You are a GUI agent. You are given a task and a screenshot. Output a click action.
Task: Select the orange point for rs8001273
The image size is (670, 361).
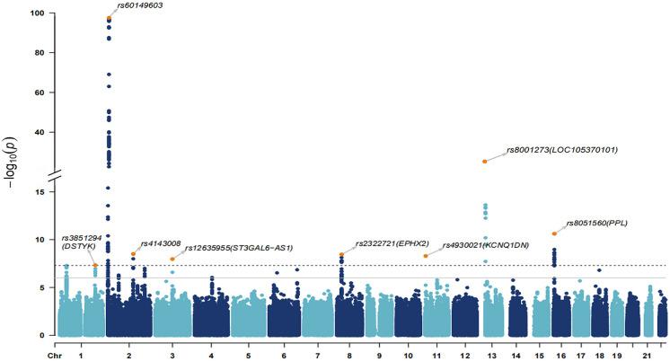485,161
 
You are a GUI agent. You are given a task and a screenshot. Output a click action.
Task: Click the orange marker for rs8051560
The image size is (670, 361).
554,233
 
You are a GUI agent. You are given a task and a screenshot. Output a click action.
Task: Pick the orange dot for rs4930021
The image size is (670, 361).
426,256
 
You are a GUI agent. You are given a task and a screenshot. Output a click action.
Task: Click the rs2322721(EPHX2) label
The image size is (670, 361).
392,243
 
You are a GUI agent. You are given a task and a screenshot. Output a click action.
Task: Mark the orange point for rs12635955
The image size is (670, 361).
172,259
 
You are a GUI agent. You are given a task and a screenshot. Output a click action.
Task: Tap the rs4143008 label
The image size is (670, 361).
161,243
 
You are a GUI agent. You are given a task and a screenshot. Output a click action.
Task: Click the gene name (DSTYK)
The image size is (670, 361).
77,245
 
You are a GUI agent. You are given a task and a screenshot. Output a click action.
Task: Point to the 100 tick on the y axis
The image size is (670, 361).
39,13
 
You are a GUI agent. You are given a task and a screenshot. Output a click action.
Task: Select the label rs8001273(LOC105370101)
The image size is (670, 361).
562,149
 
